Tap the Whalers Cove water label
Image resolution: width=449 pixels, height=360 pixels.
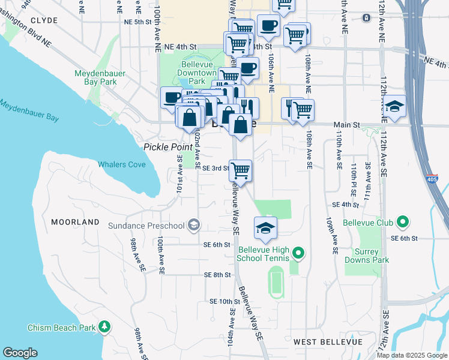click(x=121, y=164)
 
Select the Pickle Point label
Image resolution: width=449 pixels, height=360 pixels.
click(x=166, y=147)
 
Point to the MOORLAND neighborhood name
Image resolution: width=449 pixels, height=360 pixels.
click(x=75, y=222)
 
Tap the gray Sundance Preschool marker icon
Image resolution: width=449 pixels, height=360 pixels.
click(x=193, y=226)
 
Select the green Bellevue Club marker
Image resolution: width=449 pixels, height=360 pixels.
click(x=403, y=223)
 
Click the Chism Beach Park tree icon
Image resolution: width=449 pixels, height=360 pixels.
click(x=105, y=327)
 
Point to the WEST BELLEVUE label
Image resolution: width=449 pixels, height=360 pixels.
click(x=328, y=341)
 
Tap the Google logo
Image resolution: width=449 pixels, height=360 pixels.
click(x=20, y=352)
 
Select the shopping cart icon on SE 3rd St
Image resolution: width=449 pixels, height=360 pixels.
click(x=241, y=170)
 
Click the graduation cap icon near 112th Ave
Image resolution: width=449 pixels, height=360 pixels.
click(x=394, y=107)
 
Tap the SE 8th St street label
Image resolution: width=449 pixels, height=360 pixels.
click(x=217, y=275)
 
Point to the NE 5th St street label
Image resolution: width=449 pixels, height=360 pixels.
click(x=135, y=22)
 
